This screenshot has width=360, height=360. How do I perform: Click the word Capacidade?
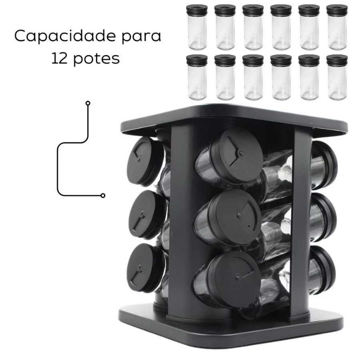(x=65, y=36)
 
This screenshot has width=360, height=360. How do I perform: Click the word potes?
(x=97, y=59)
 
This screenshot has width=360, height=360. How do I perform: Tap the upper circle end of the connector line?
(x=88, y=103)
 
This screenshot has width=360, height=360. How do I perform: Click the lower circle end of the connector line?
(x=103, y=196)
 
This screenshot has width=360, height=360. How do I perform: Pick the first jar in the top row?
(x=197, y=27)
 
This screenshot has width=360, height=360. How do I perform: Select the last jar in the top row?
(x=337, y=27)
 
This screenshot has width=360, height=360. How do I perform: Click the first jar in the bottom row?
(x=197, y=77)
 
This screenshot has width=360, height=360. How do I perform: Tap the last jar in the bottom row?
(x=337, y=77)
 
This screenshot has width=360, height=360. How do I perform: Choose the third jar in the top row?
(x=253, y=27)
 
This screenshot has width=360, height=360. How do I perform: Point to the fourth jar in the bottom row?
(x=281, y=77)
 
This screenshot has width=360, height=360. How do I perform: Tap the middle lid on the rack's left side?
(x=147, y=215)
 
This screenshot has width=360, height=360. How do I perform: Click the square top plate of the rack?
(x=234, y=119)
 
